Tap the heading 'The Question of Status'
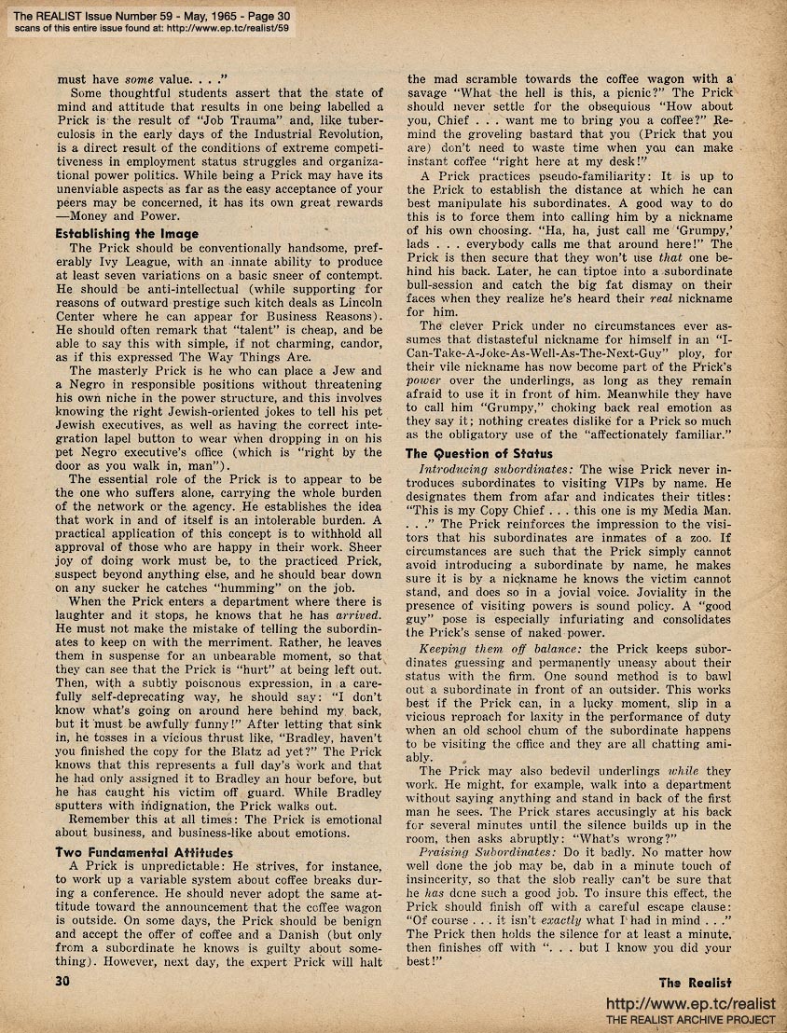[x=479, y=453]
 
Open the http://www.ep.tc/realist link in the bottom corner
[x=691, y=1003]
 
